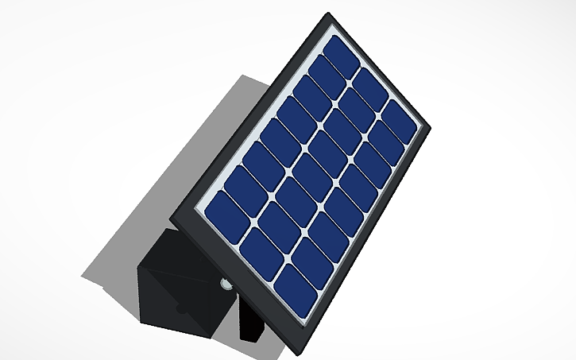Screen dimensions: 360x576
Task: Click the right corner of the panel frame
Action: coord(428,126)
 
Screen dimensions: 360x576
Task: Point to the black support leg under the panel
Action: coord(253,322)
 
